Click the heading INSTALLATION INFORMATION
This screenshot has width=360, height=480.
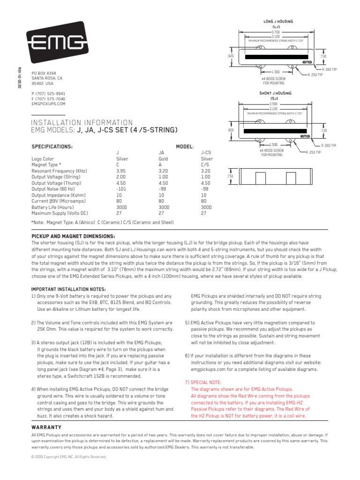pos(82,122)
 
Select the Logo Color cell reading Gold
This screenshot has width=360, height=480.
pos(163,159)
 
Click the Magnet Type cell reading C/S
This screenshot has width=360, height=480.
pos(205,165)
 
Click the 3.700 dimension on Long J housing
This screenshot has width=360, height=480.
pos(276,31)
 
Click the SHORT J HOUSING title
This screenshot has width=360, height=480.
pos(275,93)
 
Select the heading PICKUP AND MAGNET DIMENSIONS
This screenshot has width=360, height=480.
pos(73,236)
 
